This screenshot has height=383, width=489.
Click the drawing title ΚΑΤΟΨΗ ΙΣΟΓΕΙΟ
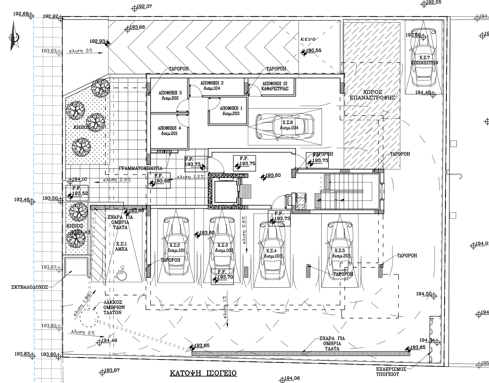(203, 373)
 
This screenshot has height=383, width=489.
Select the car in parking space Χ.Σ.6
(285, 126)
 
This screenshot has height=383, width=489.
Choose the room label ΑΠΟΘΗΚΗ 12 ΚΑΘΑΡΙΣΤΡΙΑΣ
(275, 86)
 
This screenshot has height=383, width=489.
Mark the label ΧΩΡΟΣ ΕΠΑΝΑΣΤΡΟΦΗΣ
(372, 94)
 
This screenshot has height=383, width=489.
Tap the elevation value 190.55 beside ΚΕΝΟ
(313, 51)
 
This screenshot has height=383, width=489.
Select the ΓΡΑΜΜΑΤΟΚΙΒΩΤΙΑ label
(140, 168)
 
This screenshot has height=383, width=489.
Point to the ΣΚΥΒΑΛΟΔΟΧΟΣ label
(29, 288)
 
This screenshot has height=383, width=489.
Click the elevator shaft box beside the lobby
(222, 191)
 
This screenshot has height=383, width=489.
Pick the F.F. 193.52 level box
(77, 191)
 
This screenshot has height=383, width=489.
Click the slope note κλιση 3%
(79, 51)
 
